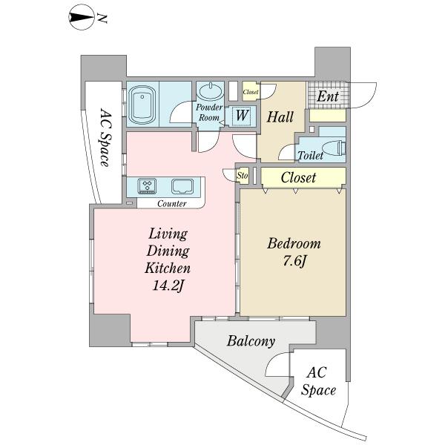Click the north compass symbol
[x=82, y=18]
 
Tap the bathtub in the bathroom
[x=142, y=105]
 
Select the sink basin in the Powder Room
[x=211, y=91]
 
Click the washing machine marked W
[x=243, y=116]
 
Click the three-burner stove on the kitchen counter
[x=147, y=186]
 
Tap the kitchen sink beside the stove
[x=182, y=186]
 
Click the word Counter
[x=172, y=203]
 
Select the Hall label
[x=280, y=117]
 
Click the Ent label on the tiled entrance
[x=328, y=96]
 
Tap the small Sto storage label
[x=243, y=176]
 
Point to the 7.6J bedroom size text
[x=294, y=261]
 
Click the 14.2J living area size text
[x=168, y=286]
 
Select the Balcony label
[x=251, y=341]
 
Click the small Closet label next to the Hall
[x=251, y=92]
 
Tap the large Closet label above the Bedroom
[x=298, y=178]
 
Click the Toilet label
[x=310, y=155]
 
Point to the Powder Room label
[x=209, y=113]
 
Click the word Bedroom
[x=294, y=244]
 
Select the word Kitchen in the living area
[x=168, y=268]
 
